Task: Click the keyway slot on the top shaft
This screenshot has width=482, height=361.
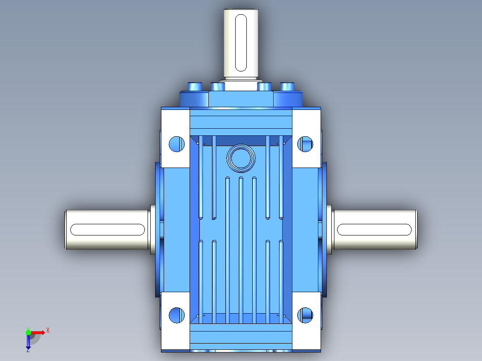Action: [241, 43]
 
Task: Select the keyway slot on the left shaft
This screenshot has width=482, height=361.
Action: [108, 230]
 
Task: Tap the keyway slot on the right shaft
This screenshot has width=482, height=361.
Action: [374, 230]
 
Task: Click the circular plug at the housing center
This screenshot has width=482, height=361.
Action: [241, 158]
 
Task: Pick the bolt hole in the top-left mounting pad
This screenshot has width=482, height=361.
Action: [177, 144]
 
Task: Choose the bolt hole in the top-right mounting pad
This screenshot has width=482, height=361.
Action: [305, 144]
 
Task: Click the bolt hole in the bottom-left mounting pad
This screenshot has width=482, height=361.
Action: [177, 315]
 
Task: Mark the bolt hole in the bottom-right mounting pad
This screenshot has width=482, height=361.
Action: [305, 315]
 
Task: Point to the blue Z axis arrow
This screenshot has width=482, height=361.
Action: [28, 342]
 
